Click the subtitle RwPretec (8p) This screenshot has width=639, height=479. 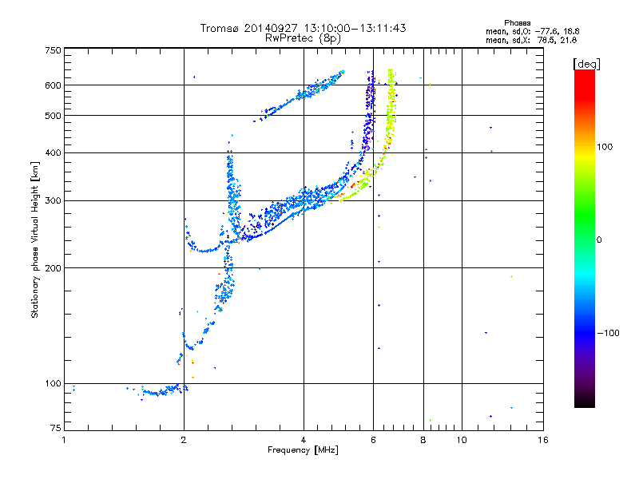coord(304,38)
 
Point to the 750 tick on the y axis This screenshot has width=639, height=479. coord(54,50)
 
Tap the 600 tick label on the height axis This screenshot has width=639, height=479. coord(54,85)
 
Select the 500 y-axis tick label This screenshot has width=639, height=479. coord(54,116)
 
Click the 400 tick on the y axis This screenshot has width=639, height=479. coord(54,152)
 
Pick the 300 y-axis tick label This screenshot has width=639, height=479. coord(54,200)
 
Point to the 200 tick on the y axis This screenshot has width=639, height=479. coord(54,267)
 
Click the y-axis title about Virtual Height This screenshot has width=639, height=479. coord(35,239)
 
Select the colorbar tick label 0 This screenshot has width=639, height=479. coord(599,239)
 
